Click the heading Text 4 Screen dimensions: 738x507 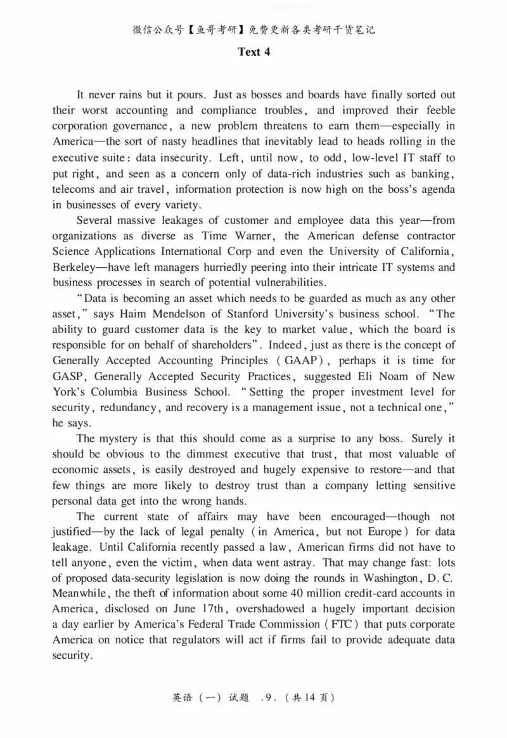click(253, 52)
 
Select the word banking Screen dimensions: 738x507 click(434, 173)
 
